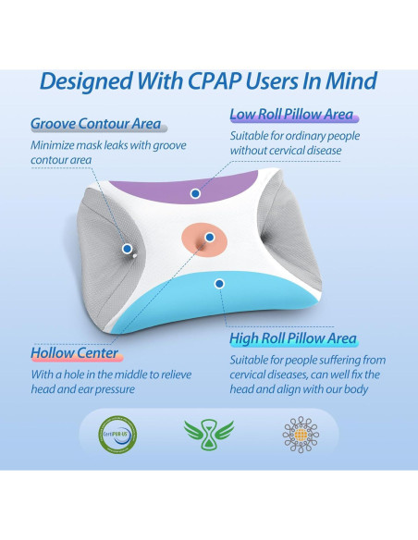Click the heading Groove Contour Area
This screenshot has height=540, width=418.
[95, 123]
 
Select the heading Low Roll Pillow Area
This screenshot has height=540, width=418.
[291, 115]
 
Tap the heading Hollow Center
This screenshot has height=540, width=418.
[74, 353]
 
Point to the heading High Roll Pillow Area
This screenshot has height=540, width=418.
[293, 339]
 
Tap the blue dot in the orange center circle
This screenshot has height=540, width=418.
[210, 238]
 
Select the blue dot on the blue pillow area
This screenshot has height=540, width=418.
[219, 283]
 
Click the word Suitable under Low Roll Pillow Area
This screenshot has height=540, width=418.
[253, 135]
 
